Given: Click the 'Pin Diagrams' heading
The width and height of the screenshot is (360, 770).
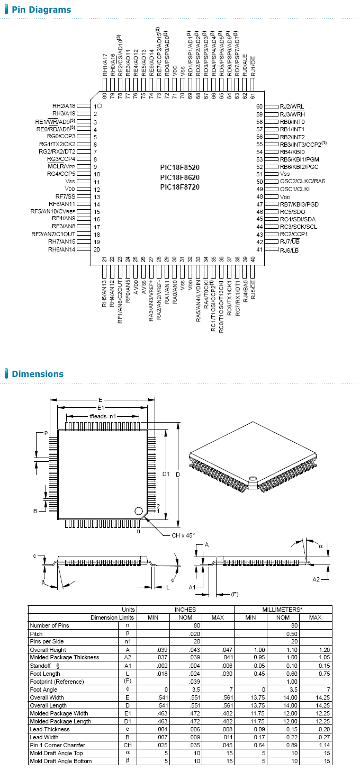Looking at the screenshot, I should [x=41, y=10].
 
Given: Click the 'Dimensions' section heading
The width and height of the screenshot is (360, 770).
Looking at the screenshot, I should [x=38, y=374].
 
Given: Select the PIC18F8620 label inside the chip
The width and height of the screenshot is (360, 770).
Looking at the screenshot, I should [x=180, y=177].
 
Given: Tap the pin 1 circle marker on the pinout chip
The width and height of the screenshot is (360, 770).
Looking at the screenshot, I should [x=100, y=106].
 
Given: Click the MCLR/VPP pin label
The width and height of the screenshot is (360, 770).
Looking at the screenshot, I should [x=61, y=166].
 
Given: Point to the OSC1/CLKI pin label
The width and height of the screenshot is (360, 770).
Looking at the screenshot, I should [x=295, y=189].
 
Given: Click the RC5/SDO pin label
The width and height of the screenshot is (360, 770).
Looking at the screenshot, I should [x=292, y=212].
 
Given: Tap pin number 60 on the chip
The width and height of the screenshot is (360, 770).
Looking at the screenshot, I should [x=259, y=106].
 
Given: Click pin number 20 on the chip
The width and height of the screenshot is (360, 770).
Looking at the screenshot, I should [x=97, y=249].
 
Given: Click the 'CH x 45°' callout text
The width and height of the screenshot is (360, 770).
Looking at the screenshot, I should [x=183, y=535].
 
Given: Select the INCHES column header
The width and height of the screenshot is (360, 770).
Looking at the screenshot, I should [x=185, y=610].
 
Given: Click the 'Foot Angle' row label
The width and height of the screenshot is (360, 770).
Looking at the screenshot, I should [x=44, y=690].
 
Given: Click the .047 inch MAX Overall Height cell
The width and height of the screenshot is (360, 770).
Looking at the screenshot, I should [x=218, y=650].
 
